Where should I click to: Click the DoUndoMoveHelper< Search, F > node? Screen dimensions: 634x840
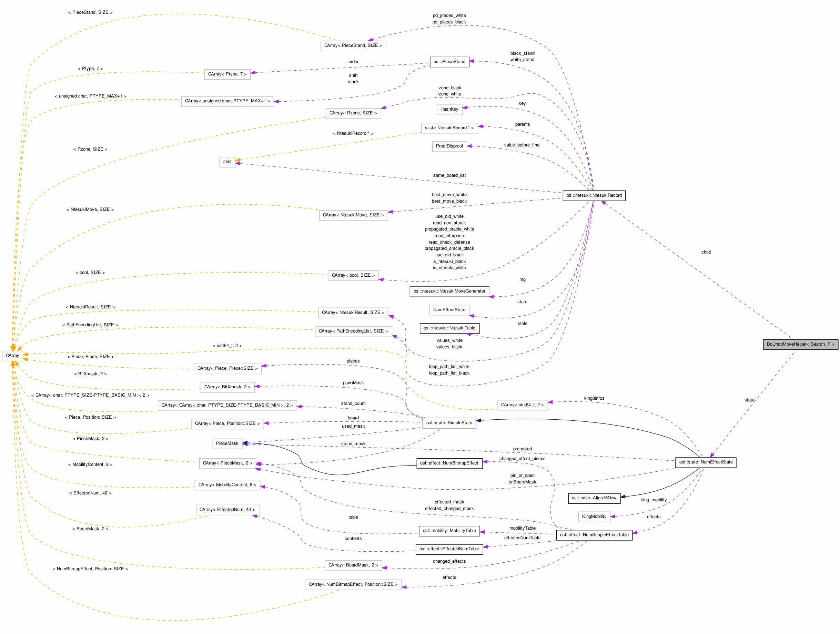click(800, 344)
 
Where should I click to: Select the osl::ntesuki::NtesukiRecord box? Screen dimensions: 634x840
click(594, 195)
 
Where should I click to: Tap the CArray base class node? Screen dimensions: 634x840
click(12, 356)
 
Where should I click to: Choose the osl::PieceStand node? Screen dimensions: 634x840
click(449, 61)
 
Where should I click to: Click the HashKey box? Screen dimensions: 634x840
click(449, 109)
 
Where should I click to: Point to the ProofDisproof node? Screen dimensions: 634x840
click(449, 146)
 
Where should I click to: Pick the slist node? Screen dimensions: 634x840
click(227, 162)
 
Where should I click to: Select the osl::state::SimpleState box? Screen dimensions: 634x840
click(449, 423)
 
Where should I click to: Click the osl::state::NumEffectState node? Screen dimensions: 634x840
click(706, 462)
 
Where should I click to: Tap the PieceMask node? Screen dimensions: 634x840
click(227, 443)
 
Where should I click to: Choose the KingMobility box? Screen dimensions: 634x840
click(594, 517)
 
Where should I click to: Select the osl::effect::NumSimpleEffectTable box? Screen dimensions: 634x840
click(594, 535)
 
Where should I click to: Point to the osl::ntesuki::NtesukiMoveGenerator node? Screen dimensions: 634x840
click(449, 291)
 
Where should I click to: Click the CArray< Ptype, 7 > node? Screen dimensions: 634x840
click(227, 74)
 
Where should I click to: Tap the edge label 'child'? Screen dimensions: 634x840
click(706, 252)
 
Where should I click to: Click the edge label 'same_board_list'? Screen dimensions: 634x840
click(449, 175)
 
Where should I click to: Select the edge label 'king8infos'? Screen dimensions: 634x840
click(594, 398)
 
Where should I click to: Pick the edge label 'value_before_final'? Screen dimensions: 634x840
click(522, 145)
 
